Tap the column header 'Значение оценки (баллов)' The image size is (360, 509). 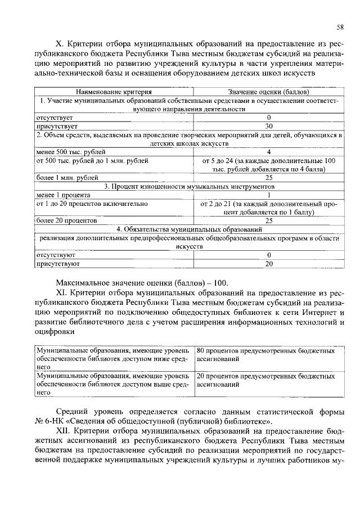268,91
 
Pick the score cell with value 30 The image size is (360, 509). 269,127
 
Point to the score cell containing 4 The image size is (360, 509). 269,152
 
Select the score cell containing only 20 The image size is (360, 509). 269,263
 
